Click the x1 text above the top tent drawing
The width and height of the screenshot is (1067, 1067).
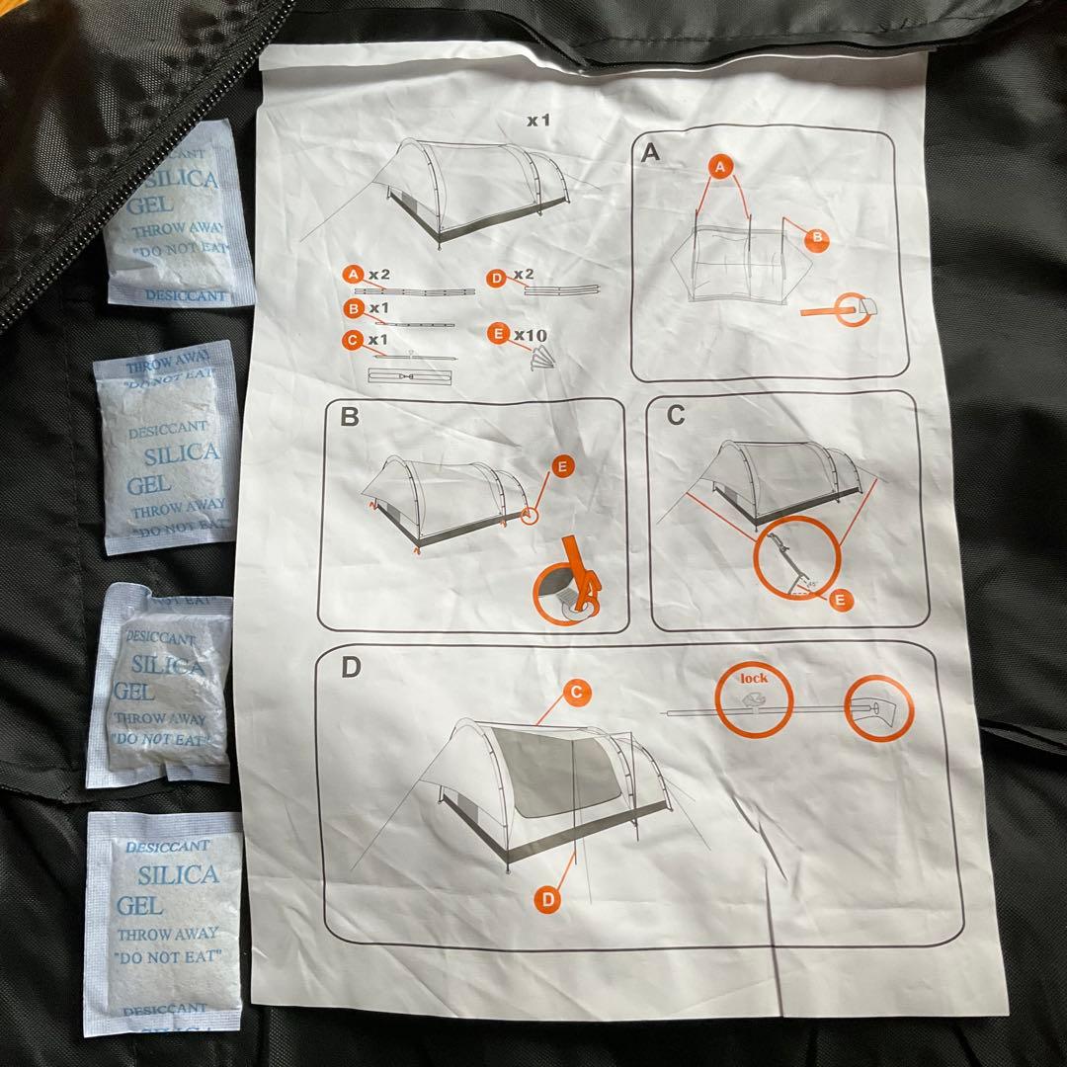pyautogui.click(x=537, y=122)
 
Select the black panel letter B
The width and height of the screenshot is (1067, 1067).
pyautogui.click(x=349, y=416)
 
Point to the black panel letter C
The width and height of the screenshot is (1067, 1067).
pyautogui.click(x=676, y=415)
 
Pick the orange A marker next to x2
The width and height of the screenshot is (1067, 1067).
pyautogui.click(x=352, y=274)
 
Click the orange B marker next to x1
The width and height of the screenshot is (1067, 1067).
pyautogui.click(x=352, y=308)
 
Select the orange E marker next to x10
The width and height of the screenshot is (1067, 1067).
pyautogui.click(x=496, y=334)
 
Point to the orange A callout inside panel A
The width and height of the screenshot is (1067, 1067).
pyautogui.click(x=721, y=169)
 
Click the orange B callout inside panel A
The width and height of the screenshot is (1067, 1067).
pyautogui.click(x=818, y=237)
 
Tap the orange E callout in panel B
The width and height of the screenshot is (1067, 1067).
pyautogui.click(x=562, y=468)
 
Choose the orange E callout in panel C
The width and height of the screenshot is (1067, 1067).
pyautogui.click(x=840, y=598)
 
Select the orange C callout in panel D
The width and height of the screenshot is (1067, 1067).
pyautogui.click(x=576, y=692)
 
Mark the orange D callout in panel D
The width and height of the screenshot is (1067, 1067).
pyautogui.click(x=548, y=898)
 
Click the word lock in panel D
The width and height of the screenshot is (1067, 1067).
pyautogui.click(x=754, y=678)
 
